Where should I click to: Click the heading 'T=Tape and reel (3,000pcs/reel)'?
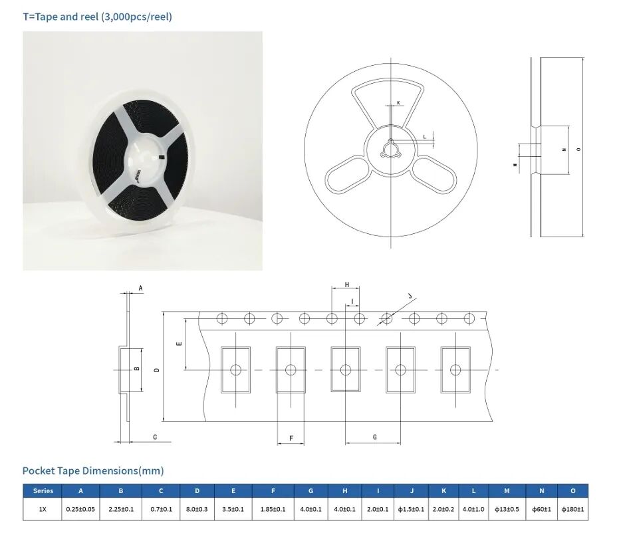click(97, 17)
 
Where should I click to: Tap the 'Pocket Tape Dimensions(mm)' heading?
click(93, 471)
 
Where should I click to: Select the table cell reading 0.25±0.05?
click(80, 509)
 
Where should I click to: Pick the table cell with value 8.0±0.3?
click(197, 509)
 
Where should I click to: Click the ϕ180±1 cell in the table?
click(572, 509)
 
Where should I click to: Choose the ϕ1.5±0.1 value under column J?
click(411, 509)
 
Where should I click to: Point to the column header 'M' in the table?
click(507, 491)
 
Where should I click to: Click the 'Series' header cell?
click(43, 491)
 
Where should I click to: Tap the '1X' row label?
click(43, 509)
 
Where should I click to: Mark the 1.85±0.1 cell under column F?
click(273, 509)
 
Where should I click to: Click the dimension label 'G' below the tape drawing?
click(374, 437)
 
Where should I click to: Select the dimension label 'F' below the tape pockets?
click(291, 438)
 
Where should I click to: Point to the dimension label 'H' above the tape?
click(346, 284)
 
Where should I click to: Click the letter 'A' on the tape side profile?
click(140, 288)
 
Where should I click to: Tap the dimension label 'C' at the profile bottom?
click(155, 437)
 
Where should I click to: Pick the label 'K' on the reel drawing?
click(398, 103)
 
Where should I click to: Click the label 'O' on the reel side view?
click(578, 150)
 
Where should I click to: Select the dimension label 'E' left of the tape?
click(179, 344)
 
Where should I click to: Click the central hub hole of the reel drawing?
click(390, 150)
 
